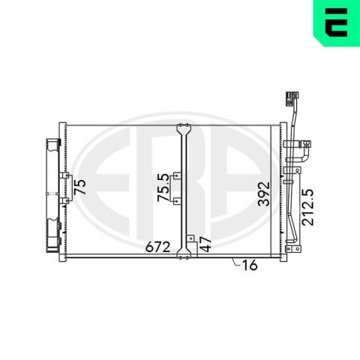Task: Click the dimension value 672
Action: click(x=158, y=247)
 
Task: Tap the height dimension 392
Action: click(x=264, y=193)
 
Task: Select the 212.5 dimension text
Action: click(x=307, y=207)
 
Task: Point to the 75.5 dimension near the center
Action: click(x=163, y=187)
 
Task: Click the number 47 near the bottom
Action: click(x=206, y=244)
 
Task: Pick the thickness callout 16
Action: click(x=250, y=265)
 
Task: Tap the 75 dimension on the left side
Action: click(x=80, y=187)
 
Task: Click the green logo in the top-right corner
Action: click(x=337, y=23)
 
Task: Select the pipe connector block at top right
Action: click(x=292, y=99)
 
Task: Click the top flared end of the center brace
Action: click(x=184, y=130)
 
